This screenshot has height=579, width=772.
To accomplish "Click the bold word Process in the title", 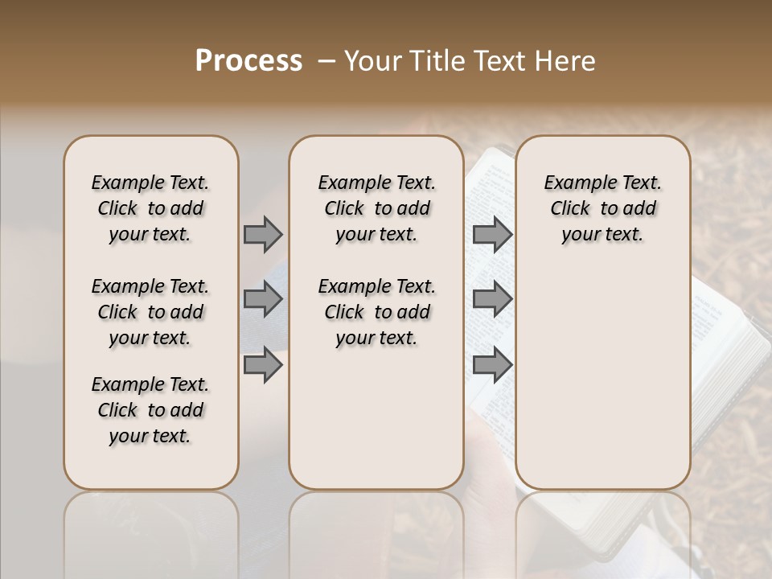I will point(248,60).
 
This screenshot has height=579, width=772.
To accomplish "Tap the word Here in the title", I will point(565,61).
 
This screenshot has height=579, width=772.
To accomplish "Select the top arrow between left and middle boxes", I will point(263,235).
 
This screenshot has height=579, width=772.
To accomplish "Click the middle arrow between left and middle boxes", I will point(263,300).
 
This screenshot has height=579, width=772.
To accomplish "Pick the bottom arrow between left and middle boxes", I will point(263,364).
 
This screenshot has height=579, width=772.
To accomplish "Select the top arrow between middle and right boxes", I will point(492,235).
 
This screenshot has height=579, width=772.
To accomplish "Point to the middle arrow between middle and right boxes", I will point(492,300).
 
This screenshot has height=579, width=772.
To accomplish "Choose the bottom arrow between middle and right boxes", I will point(492,364).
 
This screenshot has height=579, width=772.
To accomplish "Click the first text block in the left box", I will point(150,208).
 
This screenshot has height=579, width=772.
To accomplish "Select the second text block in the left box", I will point(150,312).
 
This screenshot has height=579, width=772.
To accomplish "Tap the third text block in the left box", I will point(150,410).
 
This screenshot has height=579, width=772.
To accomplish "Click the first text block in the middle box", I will point(376,208).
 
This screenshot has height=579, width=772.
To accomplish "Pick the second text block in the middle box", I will point(376,312).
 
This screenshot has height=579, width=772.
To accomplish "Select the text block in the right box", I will point(602,208).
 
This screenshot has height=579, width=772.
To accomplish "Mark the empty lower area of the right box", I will point(602,378).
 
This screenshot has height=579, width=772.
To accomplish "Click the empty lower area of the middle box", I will point(376,418).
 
